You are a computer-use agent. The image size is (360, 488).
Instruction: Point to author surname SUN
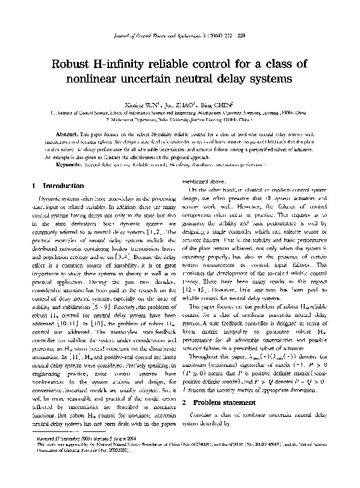pos(145,103)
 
